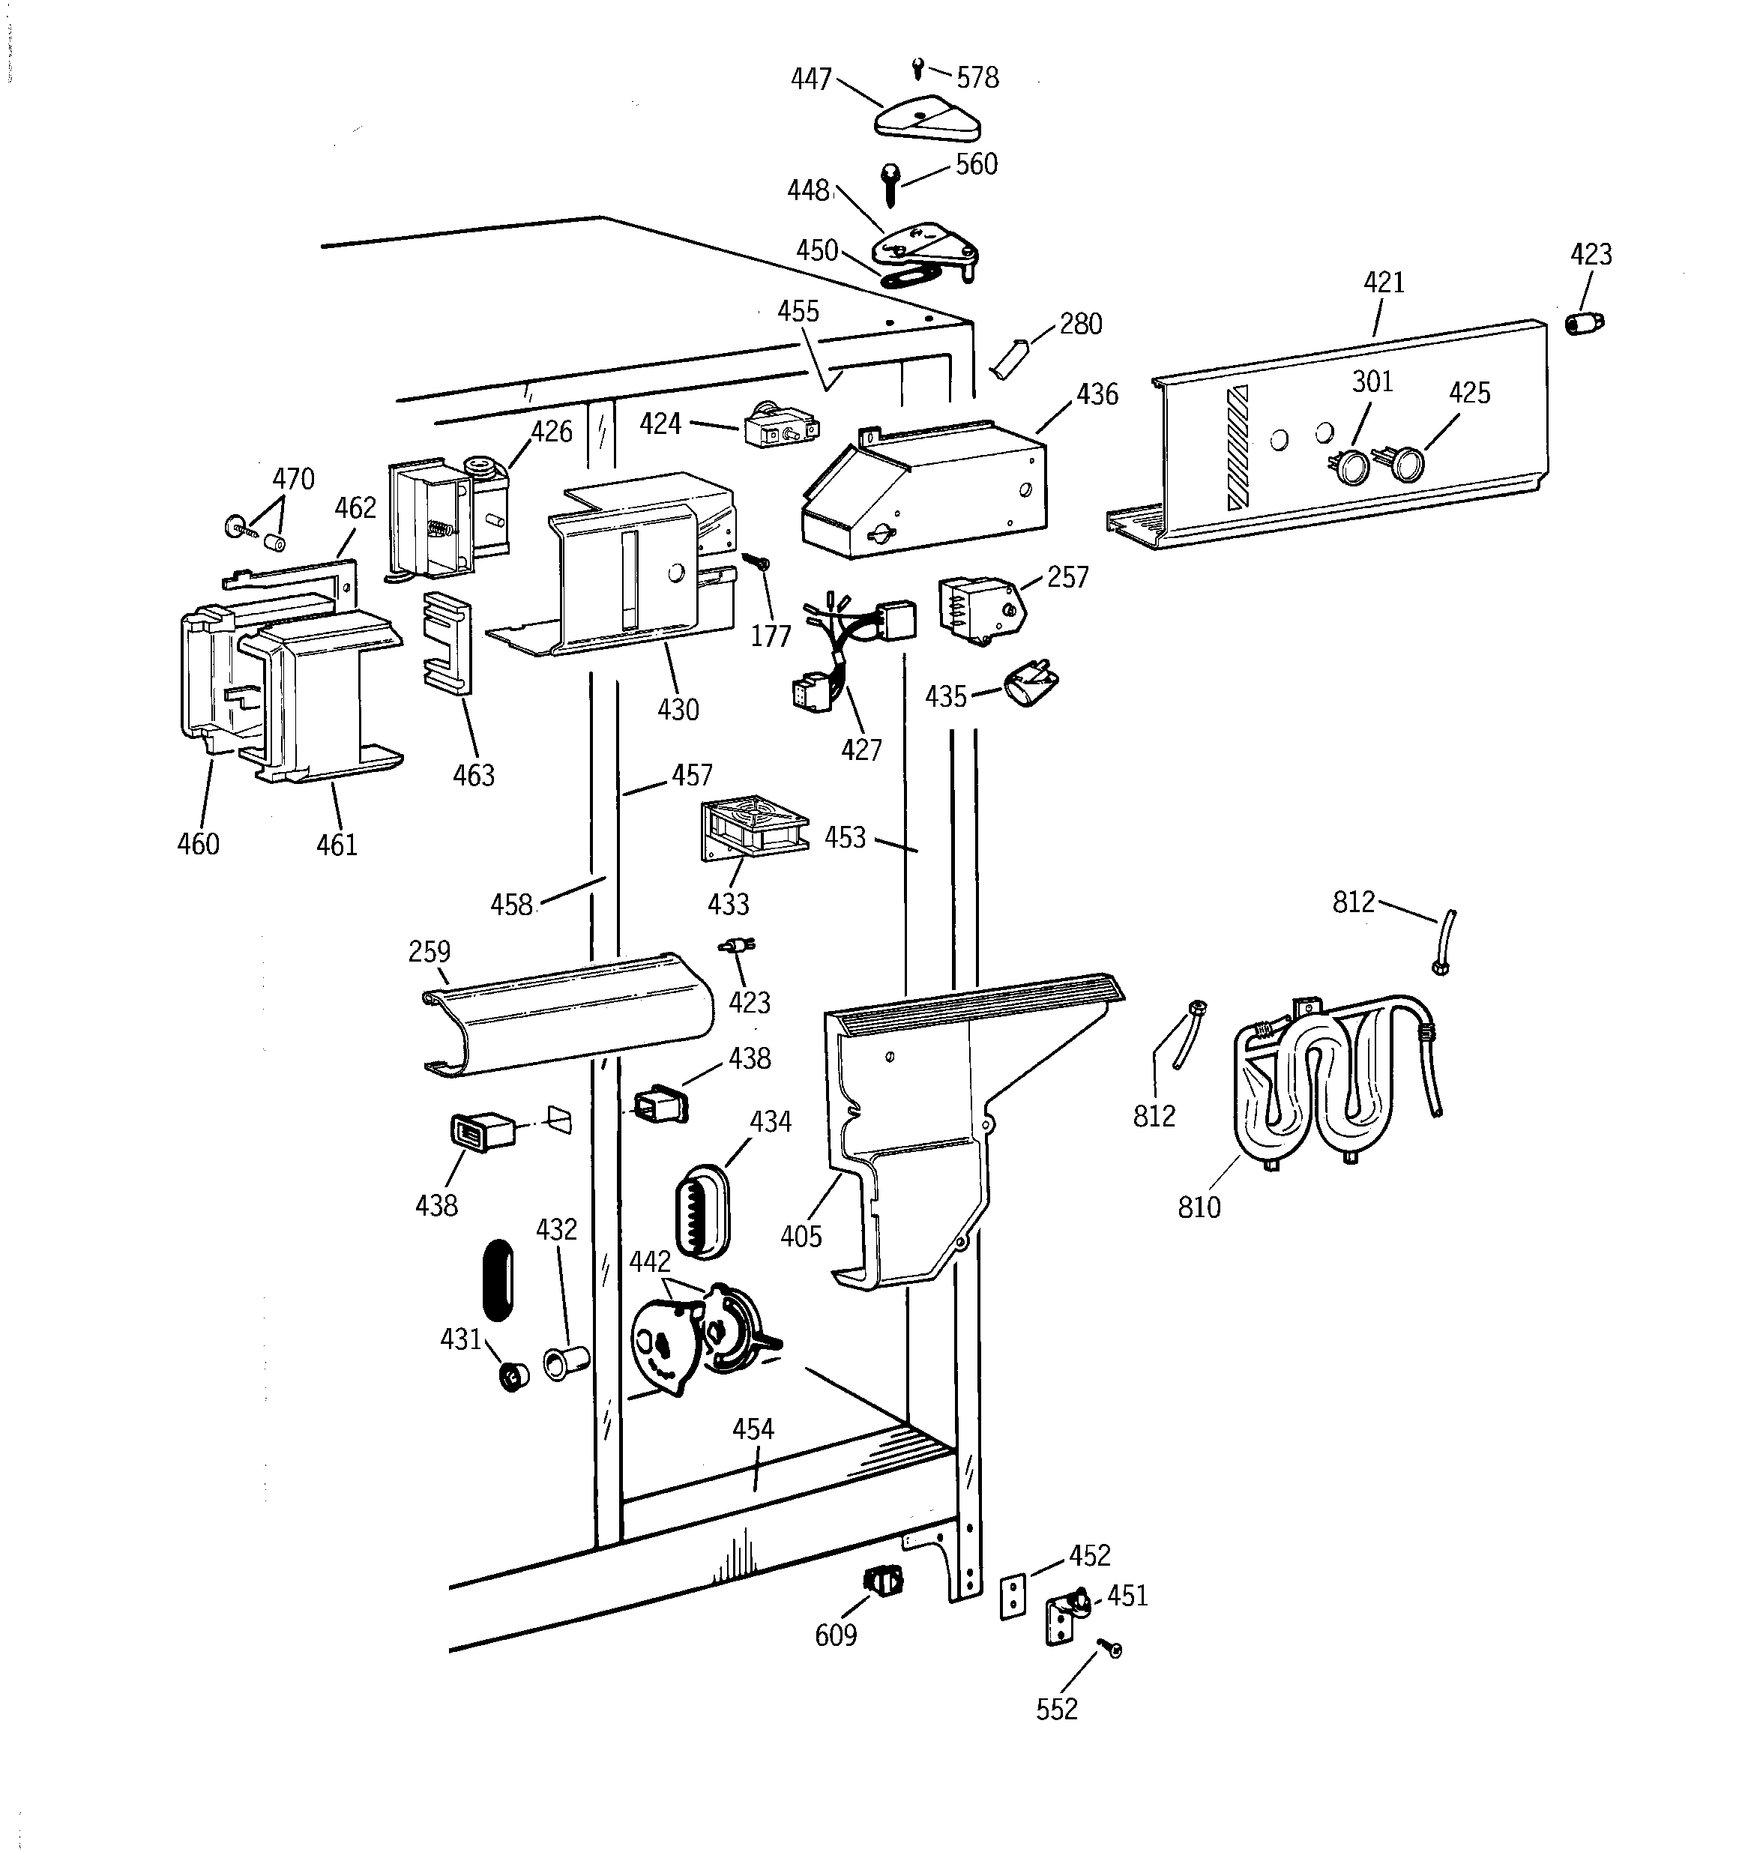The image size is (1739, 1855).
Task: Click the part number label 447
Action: click(x=810, y=79)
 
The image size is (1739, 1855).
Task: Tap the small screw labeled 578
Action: click(x=917, y=67)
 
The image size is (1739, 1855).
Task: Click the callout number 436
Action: click(x=1097, y=395)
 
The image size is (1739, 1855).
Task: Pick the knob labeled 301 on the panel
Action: click(x=1351, y=465)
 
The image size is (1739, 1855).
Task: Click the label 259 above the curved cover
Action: click(x=430, y=952)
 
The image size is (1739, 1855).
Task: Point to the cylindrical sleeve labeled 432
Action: click(x=564, y=1363)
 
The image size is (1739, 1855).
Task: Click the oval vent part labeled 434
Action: click(x=702, y=1210)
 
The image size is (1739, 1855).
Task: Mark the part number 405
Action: click(x=801, y=1237)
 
